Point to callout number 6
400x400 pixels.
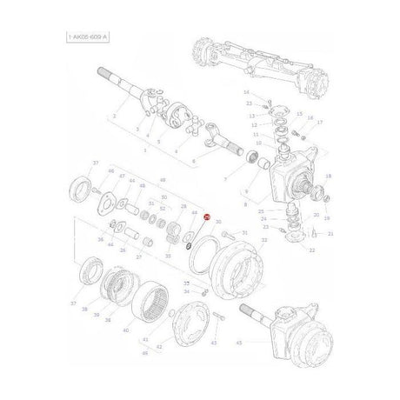click(193, 162)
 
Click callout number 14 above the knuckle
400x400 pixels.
click(246, 92)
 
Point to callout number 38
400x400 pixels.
click(84, 309)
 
